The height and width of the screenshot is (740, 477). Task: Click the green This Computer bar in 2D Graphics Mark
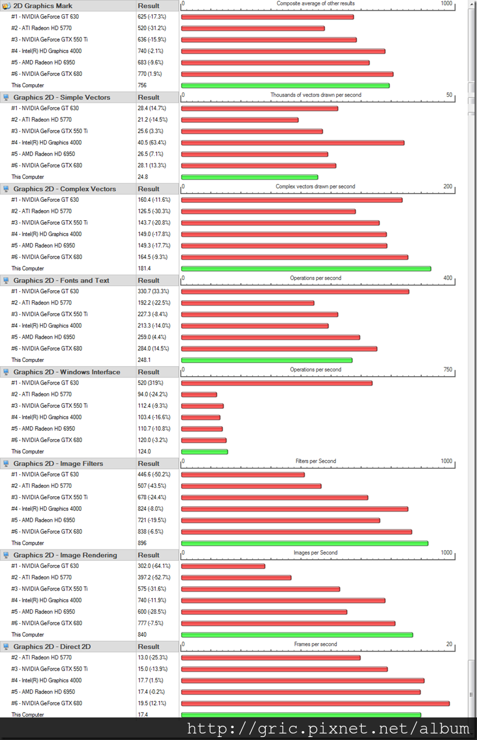285,85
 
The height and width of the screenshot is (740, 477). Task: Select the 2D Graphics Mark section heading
43,6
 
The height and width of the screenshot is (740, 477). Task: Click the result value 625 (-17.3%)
152,17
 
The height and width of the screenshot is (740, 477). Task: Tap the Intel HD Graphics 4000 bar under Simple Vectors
292,142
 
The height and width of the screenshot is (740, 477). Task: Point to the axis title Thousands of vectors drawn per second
316,95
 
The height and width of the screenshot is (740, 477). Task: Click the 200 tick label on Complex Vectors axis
447,186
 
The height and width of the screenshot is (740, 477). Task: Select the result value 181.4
144,268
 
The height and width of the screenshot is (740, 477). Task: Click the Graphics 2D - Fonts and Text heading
61,281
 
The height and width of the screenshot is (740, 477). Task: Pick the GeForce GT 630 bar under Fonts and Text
295,291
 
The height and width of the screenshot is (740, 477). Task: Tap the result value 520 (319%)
150,383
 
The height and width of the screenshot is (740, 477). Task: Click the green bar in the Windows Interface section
205,452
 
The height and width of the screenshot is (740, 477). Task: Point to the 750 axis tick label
447,369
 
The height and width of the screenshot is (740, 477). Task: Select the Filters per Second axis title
316,461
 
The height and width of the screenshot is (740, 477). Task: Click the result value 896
142,543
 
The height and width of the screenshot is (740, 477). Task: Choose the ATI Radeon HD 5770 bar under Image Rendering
236,577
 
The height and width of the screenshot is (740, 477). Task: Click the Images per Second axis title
316,552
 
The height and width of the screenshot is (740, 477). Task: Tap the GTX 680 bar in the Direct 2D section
316,703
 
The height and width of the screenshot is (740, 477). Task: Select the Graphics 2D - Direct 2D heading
52,646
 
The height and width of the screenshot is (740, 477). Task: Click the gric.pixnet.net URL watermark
328,729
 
